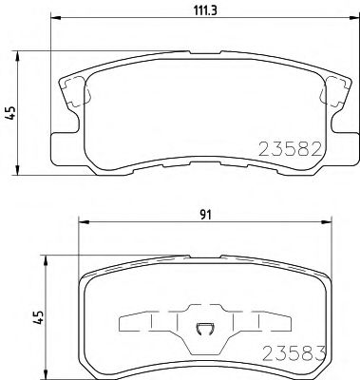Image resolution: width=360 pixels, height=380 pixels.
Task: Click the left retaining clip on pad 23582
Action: [72, 91]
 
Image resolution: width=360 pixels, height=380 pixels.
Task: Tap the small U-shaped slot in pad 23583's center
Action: [202, 331]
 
